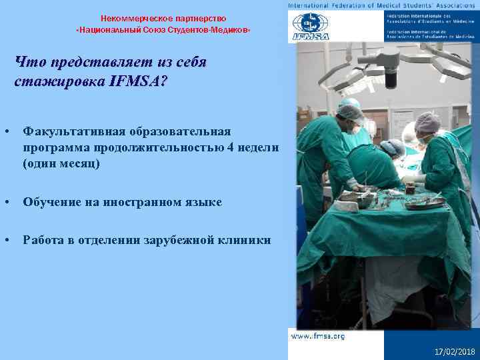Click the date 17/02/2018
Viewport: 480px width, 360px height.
coord(453,351)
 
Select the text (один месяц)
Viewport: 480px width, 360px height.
coord(61,163)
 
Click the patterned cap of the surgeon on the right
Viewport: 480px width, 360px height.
coord(427,122)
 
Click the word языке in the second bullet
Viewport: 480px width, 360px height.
coord(202,201)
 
